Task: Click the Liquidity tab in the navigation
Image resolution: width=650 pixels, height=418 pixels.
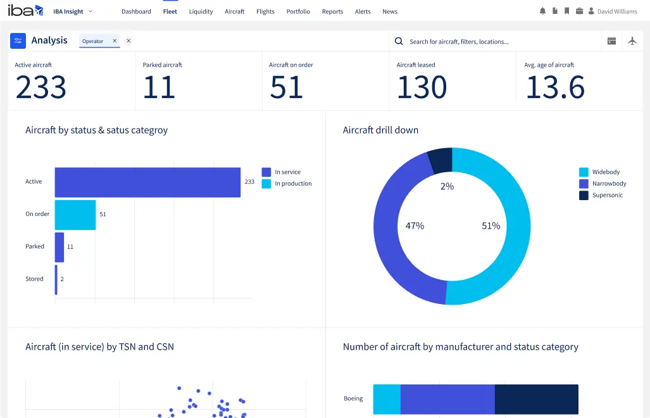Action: [201, 11]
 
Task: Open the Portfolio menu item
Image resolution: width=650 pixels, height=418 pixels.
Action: [298, 11]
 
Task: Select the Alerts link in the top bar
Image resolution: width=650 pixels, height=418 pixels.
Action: [363, 11]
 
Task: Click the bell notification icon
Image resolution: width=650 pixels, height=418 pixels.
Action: [542, 11]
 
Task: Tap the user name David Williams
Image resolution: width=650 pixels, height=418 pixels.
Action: [617, 11]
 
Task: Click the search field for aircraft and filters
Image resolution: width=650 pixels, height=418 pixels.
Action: [494, 41]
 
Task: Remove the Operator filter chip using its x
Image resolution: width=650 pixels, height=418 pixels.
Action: [115, 41]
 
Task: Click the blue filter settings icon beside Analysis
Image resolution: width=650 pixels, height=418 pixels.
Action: [18, 41]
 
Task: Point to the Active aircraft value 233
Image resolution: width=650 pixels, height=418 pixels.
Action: [41, 87]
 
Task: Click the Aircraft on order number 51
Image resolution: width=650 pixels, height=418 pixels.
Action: [287, 87]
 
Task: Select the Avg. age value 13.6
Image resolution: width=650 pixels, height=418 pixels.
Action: [555, 87]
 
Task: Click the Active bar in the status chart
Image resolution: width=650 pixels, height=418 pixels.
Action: [147, 182]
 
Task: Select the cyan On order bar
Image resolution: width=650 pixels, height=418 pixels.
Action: [75, 215]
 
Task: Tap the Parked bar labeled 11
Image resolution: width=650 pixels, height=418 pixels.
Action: [59, 247]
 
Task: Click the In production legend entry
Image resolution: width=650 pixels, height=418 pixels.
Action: [292, 184]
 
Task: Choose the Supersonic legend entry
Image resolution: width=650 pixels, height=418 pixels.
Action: [607, 195]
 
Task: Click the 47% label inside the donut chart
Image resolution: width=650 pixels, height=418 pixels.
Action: [415, 225]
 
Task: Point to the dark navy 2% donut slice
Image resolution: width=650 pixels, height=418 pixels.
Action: [441, 159]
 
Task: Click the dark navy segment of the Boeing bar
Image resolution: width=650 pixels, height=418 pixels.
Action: [536, 399]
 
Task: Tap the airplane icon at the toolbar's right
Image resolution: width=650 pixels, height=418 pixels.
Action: [632, 41]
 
